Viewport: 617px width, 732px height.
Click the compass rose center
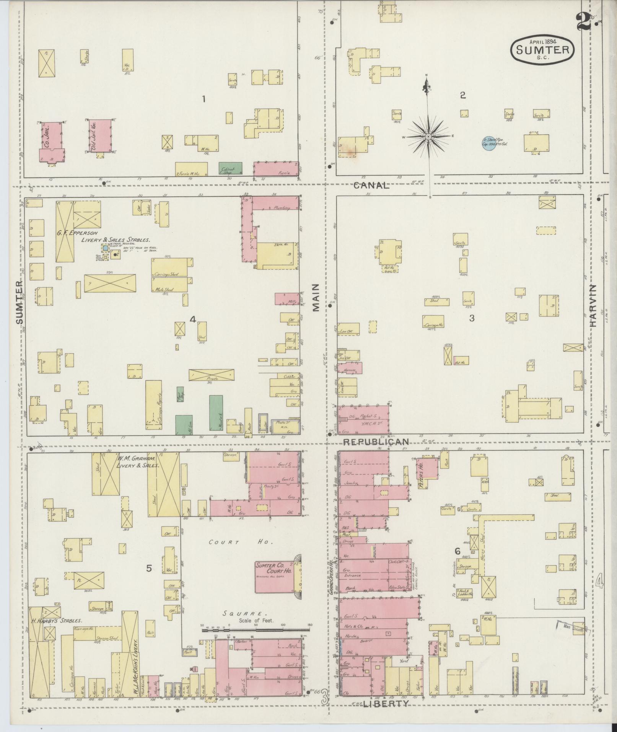click(429, 137)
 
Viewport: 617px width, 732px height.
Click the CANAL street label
click(371, 186)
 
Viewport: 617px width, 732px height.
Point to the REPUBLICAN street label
click(376, 442)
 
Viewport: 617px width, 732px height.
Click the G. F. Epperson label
click(78, 233)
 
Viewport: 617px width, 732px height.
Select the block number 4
click(193, 319)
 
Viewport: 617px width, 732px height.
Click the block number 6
click(457, 551)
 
